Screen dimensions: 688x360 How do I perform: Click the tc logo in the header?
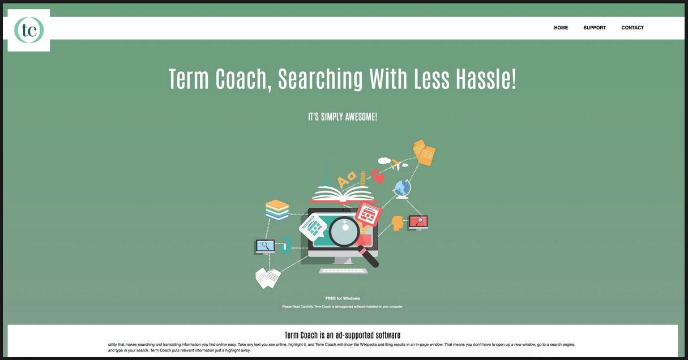click(x=29, y=30)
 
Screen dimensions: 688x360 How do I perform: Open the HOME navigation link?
click(x=561, y=28)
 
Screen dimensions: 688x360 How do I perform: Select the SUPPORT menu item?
click(x=595, y=28)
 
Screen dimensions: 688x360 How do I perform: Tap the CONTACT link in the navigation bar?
click(x=633, y=28)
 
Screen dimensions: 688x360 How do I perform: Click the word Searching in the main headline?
click(x=321, y=79)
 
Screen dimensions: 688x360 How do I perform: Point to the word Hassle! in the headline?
click(x=486, y=78)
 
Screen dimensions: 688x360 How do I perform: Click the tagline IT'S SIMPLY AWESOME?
click(x=343, y=117)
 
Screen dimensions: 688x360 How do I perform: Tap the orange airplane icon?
click(x=396, y=165)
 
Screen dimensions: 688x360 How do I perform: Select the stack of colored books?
click(x=277, y=210)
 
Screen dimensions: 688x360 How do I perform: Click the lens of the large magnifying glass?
click(x=344, y=232)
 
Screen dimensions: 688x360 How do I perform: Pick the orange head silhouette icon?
click(x=397, y=223)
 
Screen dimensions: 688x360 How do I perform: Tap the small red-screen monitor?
click(x=418, y=222)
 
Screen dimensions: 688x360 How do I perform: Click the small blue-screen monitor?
click(x=265, y=247)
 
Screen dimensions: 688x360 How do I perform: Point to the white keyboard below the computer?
click(x=343, y=271)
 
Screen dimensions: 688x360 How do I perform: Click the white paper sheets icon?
click(x=268, y=278)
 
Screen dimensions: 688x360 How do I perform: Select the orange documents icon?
click(x=424, y=152)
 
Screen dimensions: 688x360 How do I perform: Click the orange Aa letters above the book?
click(x=347, y=179)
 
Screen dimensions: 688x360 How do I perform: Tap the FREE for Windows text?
click(x=343, y=298)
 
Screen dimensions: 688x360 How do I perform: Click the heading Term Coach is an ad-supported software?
click(x=343, y=335)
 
